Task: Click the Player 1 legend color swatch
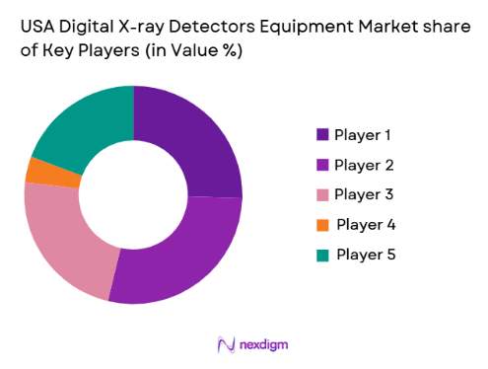[322, 134]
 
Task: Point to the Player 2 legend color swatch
[322, 164]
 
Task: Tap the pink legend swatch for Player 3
[322, 193]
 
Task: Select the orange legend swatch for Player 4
[322, 224]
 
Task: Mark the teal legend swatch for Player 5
[322, 255]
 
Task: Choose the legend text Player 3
[365, 193]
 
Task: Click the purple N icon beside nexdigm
[225, 343]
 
